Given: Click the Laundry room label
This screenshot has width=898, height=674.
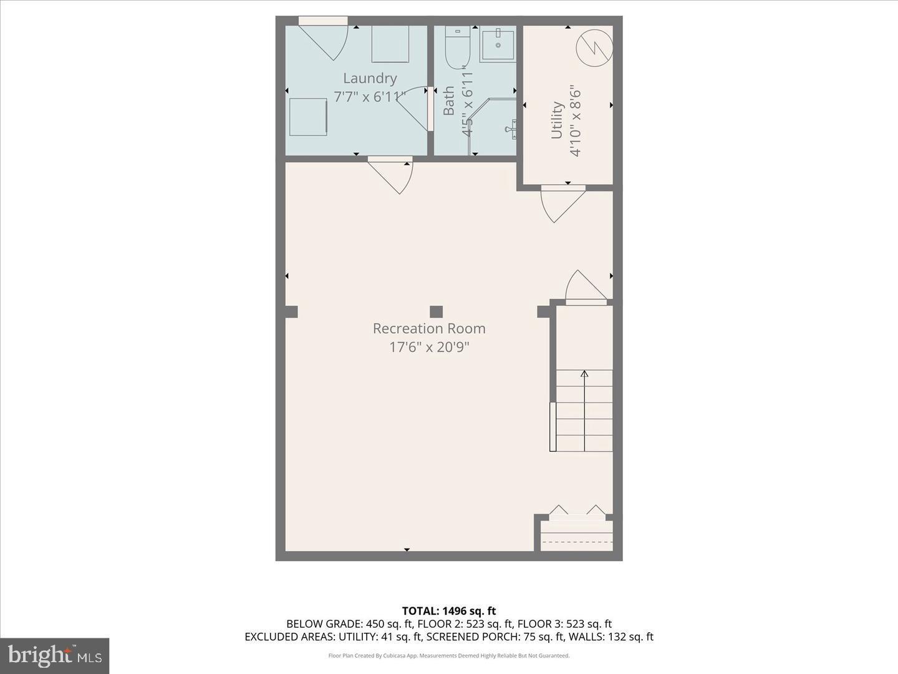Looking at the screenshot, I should [x=370, y=79].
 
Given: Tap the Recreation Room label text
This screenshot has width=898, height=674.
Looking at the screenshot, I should [x=429, y=328].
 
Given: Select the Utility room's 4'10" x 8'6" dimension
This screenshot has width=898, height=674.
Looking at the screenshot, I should [x=574, y=121].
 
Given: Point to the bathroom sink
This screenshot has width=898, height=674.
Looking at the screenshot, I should [x=498, y=44].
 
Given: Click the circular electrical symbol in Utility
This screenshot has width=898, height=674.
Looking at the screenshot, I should [x=594, y=47].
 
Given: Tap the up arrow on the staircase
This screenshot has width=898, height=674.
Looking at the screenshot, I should [x=584, y=374].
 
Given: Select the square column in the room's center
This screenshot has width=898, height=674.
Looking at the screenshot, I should [x=436, y=311].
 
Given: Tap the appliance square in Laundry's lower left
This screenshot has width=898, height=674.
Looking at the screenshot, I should [x=307, y=117].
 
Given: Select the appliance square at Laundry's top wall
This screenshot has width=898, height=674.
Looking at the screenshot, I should [x=390, y=44].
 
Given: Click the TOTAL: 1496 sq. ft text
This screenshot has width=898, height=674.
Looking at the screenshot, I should [x=448, y=611].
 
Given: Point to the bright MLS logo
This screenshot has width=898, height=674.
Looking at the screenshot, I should [x=55, y=655].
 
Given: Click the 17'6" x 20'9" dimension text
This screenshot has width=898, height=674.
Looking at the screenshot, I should [x=429, y=347].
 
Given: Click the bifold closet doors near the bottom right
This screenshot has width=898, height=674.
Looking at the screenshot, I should [x=577, y=512].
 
